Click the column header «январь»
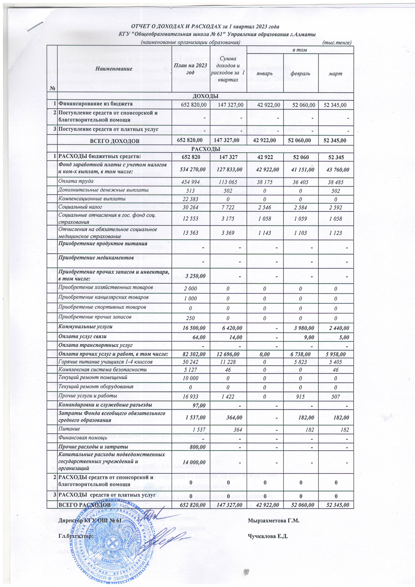pos(265,73)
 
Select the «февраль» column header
pos(301,73)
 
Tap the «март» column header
pos(336,73)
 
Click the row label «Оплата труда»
pos(76,181)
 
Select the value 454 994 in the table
pos(191,182)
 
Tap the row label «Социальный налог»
pos(80,207)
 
